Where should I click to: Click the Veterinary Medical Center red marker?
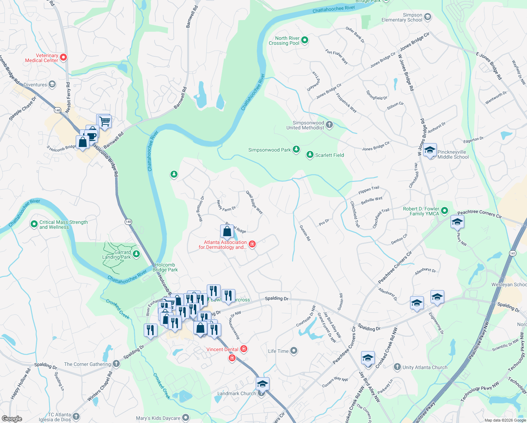63,57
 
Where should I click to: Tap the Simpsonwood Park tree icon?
296,150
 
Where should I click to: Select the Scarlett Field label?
329,155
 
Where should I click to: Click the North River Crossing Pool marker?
305,41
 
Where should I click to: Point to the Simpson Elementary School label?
402,18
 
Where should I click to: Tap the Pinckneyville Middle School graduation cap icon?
430,151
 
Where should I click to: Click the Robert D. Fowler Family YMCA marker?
445,211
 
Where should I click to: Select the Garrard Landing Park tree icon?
136,254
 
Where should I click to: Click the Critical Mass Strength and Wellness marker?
34,224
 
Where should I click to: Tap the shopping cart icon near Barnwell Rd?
104,122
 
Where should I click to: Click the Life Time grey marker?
294,351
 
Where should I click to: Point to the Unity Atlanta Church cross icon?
397,367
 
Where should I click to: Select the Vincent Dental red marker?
243,349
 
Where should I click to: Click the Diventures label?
35,85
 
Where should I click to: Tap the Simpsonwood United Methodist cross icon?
329,124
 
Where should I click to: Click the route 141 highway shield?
513,253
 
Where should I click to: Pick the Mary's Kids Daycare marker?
186,418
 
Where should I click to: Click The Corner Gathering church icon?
116,364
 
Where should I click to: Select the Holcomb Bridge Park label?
165,267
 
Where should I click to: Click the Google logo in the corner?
12,419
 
